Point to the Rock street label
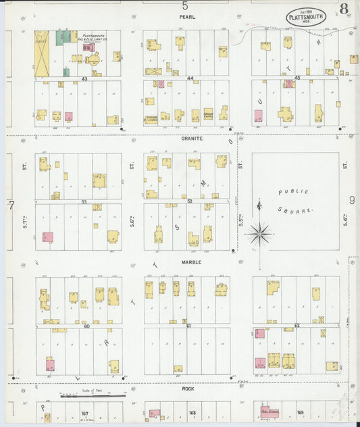[188, 388]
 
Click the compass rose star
[259, 234]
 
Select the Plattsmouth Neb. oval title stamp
[306, 16]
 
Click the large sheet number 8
[344, 9]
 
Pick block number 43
[85, 79]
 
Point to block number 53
[85, 201]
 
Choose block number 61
[190, 326]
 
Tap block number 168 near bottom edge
[192, 413]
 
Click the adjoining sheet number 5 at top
[184, 5]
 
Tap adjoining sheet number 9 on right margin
[352, 200]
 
